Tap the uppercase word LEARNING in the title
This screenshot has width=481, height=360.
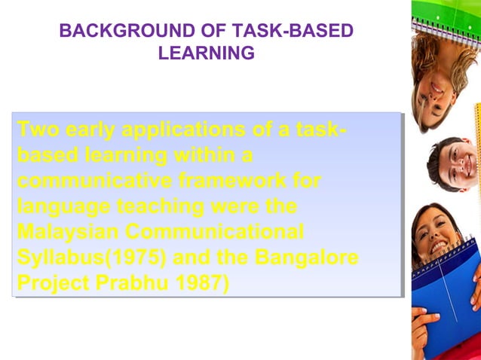coord(206,53)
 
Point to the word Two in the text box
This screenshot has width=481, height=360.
coord(38,130)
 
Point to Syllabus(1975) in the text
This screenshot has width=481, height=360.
coord(91,258)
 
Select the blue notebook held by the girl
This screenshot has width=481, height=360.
coord(453,294)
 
